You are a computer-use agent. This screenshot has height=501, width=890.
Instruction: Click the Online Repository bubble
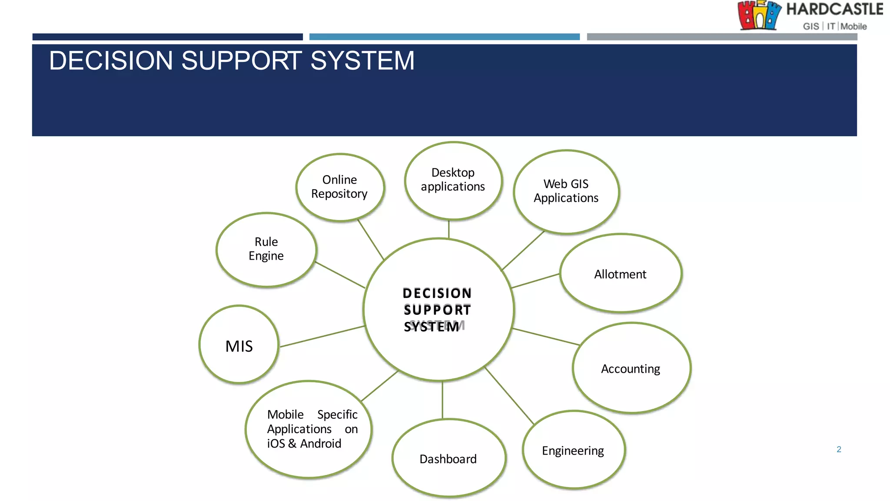click(340, 187)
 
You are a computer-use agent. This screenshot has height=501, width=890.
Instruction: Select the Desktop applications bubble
click(453, 180)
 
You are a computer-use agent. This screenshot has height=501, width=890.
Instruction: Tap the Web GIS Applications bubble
click(566, 191)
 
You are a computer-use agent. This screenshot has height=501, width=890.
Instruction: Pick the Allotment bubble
click(621, 274)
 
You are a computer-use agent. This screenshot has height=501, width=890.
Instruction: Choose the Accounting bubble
click(631, 368)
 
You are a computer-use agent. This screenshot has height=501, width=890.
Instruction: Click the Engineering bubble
click(573, 451)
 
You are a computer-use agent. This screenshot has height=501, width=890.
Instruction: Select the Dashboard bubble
click(448, 458)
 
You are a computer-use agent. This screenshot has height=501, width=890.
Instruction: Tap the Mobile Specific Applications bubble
click(309, 429)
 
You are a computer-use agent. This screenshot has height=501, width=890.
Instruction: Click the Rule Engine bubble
click(266, 250)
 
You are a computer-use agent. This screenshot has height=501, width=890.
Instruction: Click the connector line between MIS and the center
click(322, 336)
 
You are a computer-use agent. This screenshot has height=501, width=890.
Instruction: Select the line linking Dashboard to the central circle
click(442, 400)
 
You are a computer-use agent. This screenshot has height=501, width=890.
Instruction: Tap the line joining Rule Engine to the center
click(340, 275)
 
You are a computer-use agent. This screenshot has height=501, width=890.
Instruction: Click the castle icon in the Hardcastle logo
click(759, 15)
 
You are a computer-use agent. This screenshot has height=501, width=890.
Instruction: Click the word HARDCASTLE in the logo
click(834, 10)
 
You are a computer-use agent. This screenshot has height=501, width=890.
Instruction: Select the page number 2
click(839, 449)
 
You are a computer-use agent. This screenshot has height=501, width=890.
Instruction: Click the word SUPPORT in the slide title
click(241, 60)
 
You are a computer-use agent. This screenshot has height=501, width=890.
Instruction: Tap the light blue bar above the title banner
click(444, 37)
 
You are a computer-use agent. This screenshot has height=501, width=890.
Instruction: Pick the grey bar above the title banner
click(721, 37)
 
